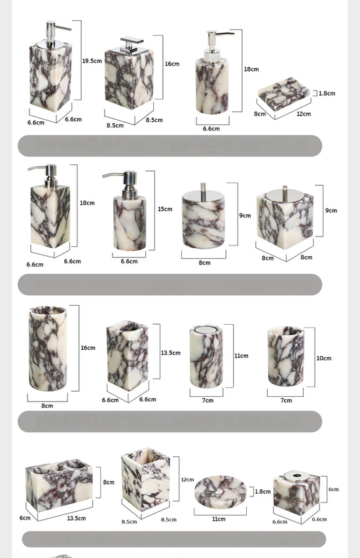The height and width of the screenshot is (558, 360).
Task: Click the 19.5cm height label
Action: pyautogui.click(x=92, y=61)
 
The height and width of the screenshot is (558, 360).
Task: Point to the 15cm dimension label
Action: pyautogui.click(x=165, y=209)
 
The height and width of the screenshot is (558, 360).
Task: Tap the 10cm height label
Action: pyautogui.click(x=324, y=358)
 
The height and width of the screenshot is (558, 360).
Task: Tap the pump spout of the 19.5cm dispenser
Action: pyautogui.click(x=63, y=28)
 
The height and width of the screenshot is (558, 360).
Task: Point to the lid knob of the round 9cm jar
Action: pyautogui.click(x=203, y=187)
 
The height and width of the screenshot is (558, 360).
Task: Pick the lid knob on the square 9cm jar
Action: pyautogui.click(x=285, y=189)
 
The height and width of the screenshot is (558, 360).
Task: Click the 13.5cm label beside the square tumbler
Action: pyautogui.click(x=171, y=352)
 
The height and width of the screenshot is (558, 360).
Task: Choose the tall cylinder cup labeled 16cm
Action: pyautogui.click(x=48, y=348)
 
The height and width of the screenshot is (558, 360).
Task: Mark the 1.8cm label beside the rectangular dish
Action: pyautogui.click(x=327, y=93)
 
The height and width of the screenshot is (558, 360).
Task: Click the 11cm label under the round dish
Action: pyautogui.click(x=219, y=519)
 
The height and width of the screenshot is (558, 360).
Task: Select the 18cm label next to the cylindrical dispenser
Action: pyautogui.click(x=251, y=69)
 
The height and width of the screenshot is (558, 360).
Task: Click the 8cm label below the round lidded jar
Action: pyautogui.click(x=204, y=263)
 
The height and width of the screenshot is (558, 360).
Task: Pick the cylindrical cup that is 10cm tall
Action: pyautogui.click(x=285, y=356)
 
